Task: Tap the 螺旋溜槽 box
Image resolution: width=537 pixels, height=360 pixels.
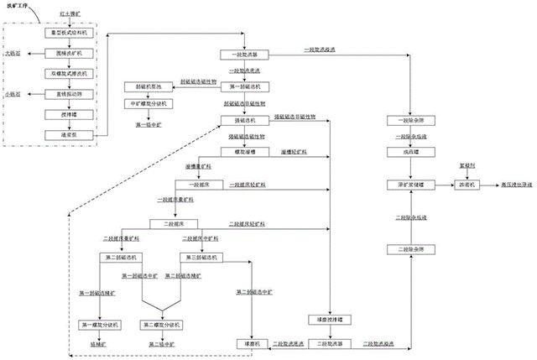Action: click(245, 152)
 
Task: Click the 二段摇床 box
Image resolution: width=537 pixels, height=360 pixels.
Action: click(168, 224)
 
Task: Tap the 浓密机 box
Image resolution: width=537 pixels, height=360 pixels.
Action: click(464, 183)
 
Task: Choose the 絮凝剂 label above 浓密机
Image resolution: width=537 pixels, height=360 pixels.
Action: click(464, 165)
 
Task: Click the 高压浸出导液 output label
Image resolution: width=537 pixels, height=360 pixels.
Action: click(510, 183)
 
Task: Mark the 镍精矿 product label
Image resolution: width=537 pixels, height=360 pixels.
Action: click(99, 344)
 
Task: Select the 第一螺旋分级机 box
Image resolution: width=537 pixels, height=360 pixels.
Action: click(99, 324)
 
